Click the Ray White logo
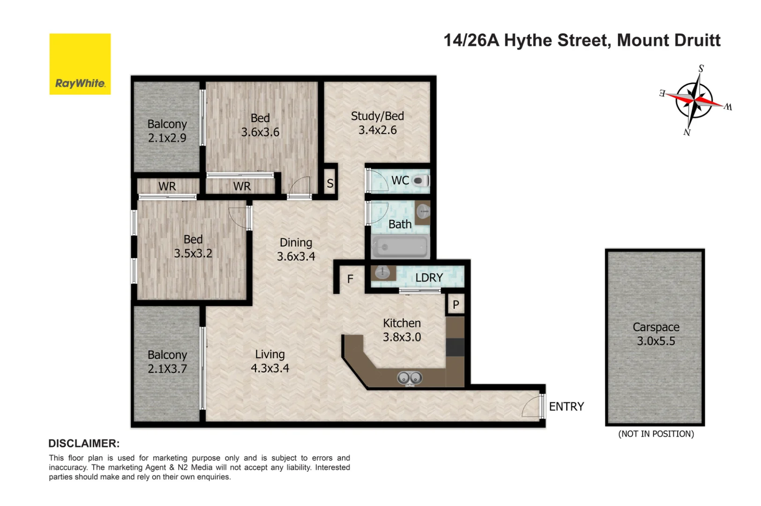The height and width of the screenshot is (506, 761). pos(80,64)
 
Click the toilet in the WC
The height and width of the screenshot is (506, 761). pos(420,180)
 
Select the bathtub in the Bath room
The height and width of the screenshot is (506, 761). pos(400,246)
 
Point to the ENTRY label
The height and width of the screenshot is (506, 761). pos(566,407)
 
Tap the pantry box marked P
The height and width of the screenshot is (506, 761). pos(455,305)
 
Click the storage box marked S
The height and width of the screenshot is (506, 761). pos(330,183)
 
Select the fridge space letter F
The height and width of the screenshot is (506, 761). pos(350,279)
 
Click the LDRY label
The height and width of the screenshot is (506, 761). pos(429,277)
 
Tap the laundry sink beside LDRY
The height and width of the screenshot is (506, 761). pos(383,273)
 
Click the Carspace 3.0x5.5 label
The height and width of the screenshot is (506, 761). pos(656,334)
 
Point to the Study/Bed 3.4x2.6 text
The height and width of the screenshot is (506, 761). pos(377,123)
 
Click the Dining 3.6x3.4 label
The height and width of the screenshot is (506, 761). pos(296,249)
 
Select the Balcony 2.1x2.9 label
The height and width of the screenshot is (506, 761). pos(167,131)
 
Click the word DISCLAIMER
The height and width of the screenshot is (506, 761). pos(84,443)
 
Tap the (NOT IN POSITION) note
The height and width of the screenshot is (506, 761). pos(656,434)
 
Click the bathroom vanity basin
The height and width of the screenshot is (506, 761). pos(423,212)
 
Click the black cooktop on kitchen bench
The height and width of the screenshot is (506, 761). pos(455,347)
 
